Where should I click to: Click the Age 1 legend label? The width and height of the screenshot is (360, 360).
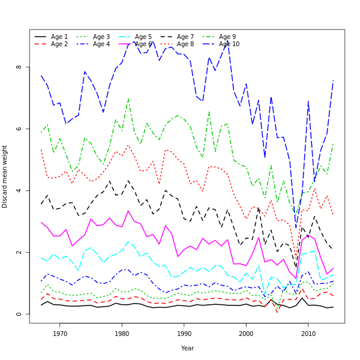coord(59,37)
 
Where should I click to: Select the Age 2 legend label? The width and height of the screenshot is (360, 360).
coord(59,44)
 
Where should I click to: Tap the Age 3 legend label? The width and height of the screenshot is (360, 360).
coord(101,37)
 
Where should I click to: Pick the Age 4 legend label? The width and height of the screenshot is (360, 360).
coord(101,44)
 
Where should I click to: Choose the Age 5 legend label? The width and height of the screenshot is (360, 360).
coord(143,37)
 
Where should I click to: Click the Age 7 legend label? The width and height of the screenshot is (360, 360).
coord(185,37)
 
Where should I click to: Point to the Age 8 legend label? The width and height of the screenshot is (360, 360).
coord(185,44)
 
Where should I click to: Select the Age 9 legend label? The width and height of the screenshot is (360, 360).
coord(227,37)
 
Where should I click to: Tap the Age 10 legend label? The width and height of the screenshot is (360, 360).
coord(229,44)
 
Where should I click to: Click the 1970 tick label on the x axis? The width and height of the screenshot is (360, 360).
coord(60,334)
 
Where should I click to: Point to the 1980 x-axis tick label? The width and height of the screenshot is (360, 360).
coord(122,334)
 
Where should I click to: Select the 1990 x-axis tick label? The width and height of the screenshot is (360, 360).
coord(184,334)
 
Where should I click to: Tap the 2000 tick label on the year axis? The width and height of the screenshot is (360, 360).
coord(246,334)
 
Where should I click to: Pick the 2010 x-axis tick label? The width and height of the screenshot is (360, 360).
coord(308,334)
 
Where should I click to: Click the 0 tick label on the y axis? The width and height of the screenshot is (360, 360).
coord(19,314)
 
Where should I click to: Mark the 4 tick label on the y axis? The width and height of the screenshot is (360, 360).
coord(19,190)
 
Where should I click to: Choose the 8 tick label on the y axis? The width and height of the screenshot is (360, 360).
coord(19,67)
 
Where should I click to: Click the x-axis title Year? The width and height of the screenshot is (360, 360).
coord(187,348)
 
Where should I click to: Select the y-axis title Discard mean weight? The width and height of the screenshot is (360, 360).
coord(5,176)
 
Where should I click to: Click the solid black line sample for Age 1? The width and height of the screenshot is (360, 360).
coord(40,37)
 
